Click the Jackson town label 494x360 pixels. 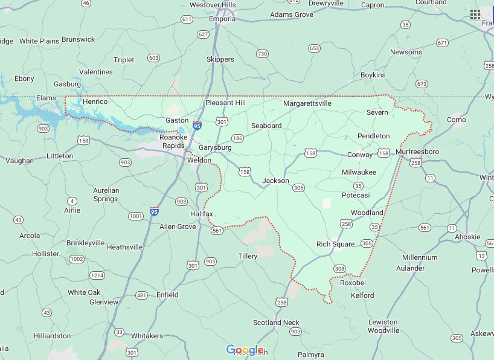click(275, 181)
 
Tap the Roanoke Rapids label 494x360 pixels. click(174, 141)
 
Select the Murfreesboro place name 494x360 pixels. click(422, 151)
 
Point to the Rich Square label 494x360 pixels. click(335, 244)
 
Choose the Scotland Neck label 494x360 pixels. click(275, 323)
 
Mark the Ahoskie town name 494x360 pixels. click(469, 237)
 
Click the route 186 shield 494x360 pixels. click(237, 138)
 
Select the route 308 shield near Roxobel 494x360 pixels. click(339, 268)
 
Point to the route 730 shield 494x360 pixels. click(261, 54)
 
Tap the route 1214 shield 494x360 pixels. click(97, 275)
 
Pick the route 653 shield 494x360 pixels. click(313, 48)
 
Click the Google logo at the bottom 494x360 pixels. click(245, 350)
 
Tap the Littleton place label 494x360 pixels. click(59, 156)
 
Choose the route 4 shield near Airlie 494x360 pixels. click(72, 201)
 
